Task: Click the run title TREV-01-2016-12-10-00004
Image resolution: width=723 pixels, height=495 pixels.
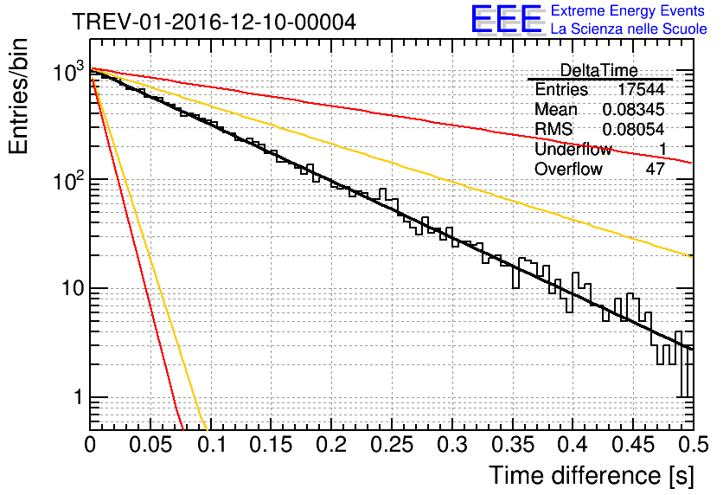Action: [214, 22]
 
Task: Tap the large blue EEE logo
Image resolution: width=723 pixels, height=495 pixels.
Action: [505, 20]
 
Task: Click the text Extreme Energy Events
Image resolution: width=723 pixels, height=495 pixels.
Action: [629, 11]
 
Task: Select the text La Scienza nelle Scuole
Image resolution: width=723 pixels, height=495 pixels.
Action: [629, 29]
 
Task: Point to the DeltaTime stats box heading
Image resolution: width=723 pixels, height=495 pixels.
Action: [598, 70]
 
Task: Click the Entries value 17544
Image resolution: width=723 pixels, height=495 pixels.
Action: [641, 90]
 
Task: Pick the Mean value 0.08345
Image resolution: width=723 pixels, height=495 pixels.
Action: [633, 110]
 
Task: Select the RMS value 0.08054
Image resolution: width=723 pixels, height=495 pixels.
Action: [633, 129]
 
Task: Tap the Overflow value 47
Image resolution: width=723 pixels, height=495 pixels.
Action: [655, 169]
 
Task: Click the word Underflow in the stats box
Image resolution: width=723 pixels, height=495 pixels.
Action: [573, 149]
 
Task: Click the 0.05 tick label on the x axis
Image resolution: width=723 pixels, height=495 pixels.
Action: [150, 446]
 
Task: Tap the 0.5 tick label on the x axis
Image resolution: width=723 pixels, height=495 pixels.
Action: [691, 446]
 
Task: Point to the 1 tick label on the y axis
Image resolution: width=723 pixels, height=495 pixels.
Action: [77, 399]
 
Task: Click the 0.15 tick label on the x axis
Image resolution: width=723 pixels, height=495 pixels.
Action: [271, 446]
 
